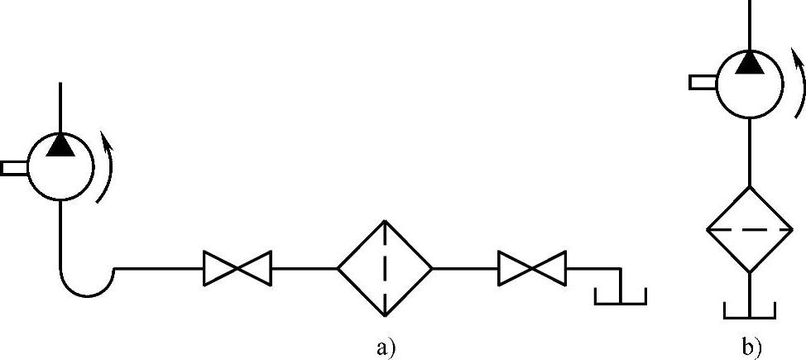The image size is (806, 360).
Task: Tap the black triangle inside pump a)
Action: tap(60, 145)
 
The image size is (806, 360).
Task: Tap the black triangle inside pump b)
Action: tap(749, 61)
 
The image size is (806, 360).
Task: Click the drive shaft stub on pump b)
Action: tap(702, 81)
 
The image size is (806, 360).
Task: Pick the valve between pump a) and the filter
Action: tap(238, 268)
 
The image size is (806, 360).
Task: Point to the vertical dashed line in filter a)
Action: tap(385, 268)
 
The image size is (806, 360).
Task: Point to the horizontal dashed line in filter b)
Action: tap(749, 229)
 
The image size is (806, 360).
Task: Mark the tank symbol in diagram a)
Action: tap(621, 296)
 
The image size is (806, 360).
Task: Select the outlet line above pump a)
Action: tap(60, 108)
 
